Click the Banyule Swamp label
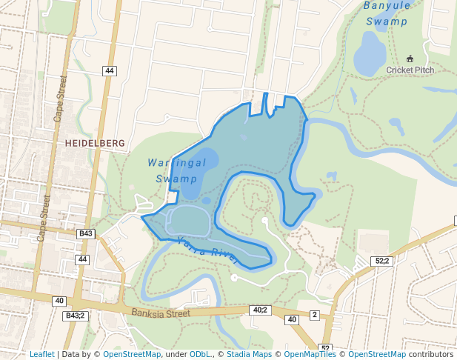(x=386, y=13)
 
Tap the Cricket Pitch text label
(x=410, y=70)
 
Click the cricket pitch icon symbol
(x=410, y=59)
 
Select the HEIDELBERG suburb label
(x=95, y=142)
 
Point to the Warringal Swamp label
(x=176, y=170)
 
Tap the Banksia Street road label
(x=161, y=313)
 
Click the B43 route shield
(x=86, y=233)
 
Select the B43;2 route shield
(x=75, y=316)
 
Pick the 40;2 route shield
(x=260, y=310)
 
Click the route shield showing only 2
(x=314, y=315)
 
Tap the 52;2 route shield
(x=382, y=261)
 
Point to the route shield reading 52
(x=324, y=348)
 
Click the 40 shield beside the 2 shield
(x=292, y=319)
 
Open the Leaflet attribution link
(x=41, y=354)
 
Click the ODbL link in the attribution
(x=200, y=354)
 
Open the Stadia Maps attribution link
(x=249, y=354)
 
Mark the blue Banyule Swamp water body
(x=368, y=53)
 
